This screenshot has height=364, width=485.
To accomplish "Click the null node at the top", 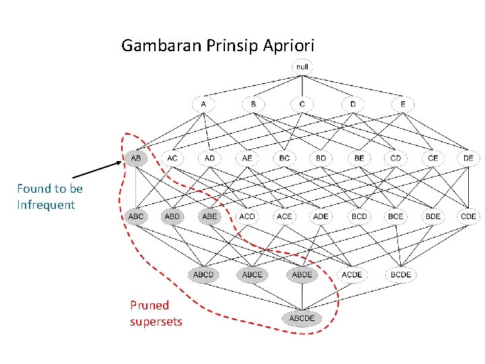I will (302, 67).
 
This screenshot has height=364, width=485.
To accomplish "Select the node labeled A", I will (203, 104).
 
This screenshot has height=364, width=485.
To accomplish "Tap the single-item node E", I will (403, 104).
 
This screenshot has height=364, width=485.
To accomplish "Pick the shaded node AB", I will (136, 158).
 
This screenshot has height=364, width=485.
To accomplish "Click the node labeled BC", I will (284, 158).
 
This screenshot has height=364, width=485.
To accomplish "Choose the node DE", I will (468, 158).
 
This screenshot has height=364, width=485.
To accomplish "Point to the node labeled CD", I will (395, 158).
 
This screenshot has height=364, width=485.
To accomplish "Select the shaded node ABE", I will (209, 216).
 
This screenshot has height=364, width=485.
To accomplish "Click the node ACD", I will (247, 216).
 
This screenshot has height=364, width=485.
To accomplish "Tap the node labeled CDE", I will (468, 216).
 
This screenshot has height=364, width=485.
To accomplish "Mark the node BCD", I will (359, 216).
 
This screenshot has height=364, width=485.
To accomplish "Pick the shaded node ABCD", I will (203, 275).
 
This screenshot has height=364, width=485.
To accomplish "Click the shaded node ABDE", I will (302, 275).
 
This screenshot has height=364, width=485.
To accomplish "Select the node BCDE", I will (401, 275).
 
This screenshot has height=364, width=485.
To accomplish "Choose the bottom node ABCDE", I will (302, 318).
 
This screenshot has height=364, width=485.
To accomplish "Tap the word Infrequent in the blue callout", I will (46, 205).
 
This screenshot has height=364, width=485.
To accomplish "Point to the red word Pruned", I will (150, 305).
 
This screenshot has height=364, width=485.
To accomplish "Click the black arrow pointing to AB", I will (98, 169).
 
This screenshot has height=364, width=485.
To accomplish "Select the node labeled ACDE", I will (352, 275).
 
